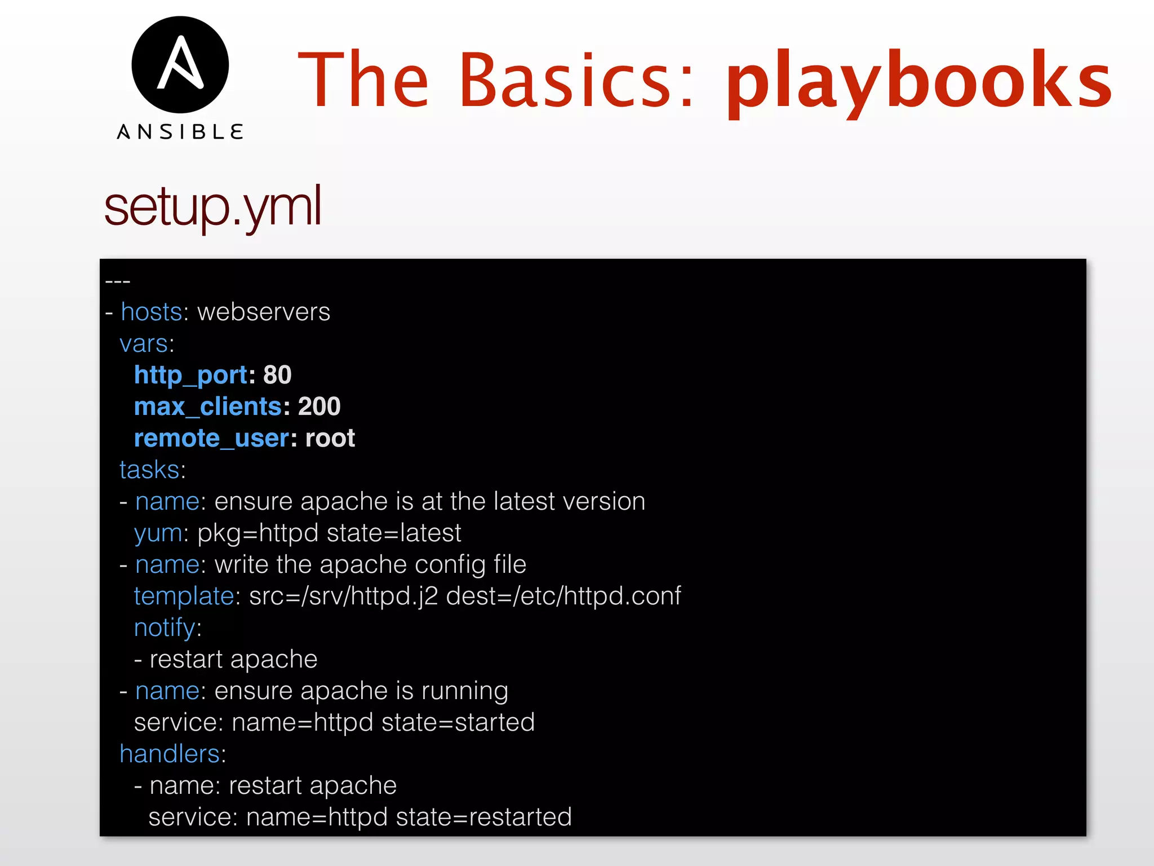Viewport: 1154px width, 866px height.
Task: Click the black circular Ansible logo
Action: coord(180,65)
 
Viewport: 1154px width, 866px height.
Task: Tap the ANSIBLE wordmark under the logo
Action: coord(180,132)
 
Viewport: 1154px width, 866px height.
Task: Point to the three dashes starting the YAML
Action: coord(118,281)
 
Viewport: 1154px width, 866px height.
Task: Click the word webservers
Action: coord(264,312)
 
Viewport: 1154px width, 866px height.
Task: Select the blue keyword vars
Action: coord(144,344)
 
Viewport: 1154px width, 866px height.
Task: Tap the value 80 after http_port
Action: coord(277,375)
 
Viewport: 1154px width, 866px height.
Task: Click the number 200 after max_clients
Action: coord(319,407)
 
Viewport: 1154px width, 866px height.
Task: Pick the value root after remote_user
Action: coord(330,438)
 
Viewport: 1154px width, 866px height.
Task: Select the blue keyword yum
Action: coord(158,533)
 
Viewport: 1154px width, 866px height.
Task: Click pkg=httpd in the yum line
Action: coord(258,533)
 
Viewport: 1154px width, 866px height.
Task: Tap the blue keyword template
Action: coord(184,596)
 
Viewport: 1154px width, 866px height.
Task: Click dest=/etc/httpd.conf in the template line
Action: coord(563,596)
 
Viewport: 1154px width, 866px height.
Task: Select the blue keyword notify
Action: coord(165,628)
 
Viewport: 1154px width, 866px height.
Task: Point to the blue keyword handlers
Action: coord(170,754)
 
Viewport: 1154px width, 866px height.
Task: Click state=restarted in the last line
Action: coord(483,817)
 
